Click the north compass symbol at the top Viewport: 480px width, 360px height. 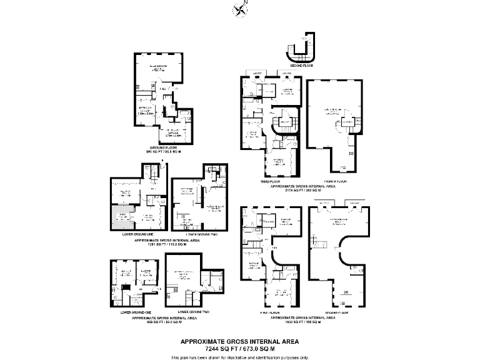239,9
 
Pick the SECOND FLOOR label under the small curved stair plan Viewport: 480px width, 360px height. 301,65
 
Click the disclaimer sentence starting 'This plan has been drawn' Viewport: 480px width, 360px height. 239,357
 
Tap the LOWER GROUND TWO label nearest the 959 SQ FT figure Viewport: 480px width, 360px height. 193,311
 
